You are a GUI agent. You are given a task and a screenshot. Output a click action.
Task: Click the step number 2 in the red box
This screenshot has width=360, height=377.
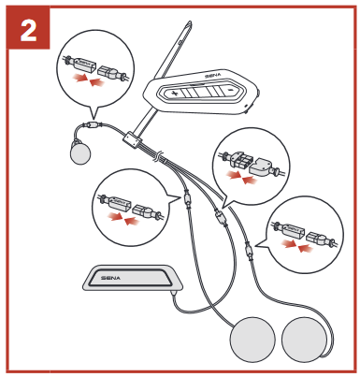28,30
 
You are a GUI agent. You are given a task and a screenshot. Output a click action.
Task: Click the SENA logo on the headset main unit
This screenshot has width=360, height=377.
213,75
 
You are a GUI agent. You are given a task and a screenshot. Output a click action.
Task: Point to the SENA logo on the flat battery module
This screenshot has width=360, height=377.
110,278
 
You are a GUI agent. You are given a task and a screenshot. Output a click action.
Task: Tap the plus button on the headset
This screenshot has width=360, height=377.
174,93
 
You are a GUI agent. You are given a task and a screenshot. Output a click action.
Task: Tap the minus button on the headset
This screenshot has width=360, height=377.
230,90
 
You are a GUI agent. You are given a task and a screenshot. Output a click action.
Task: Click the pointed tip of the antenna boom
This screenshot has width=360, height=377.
189,22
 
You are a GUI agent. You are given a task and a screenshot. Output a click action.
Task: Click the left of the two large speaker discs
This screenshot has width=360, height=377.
252,340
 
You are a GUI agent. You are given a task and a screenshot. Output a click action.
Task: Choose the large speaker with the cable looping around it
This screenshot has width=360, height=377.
304,340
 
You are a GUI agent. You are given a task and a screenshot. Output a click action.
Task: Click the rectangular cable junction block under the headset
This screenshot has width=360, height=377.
131,140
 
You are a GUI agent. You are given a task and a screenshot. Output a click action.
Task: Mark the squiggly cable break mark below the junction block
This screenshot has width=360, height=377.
158,156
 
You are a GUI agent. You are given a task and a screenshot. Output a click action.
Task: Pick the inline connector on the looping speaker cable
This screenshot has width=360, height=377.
249,251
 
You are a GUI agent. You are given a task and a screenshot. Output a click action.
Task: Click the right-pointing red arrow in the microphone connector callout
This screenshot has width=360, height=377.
79,78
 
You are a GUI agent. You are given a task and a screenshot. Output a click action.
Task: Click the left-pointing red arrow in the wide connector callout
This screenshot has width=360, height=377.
250,181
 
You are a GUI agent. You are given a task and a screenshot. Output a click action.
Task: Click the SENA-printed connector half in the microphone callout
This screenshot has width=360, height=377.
80,63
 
